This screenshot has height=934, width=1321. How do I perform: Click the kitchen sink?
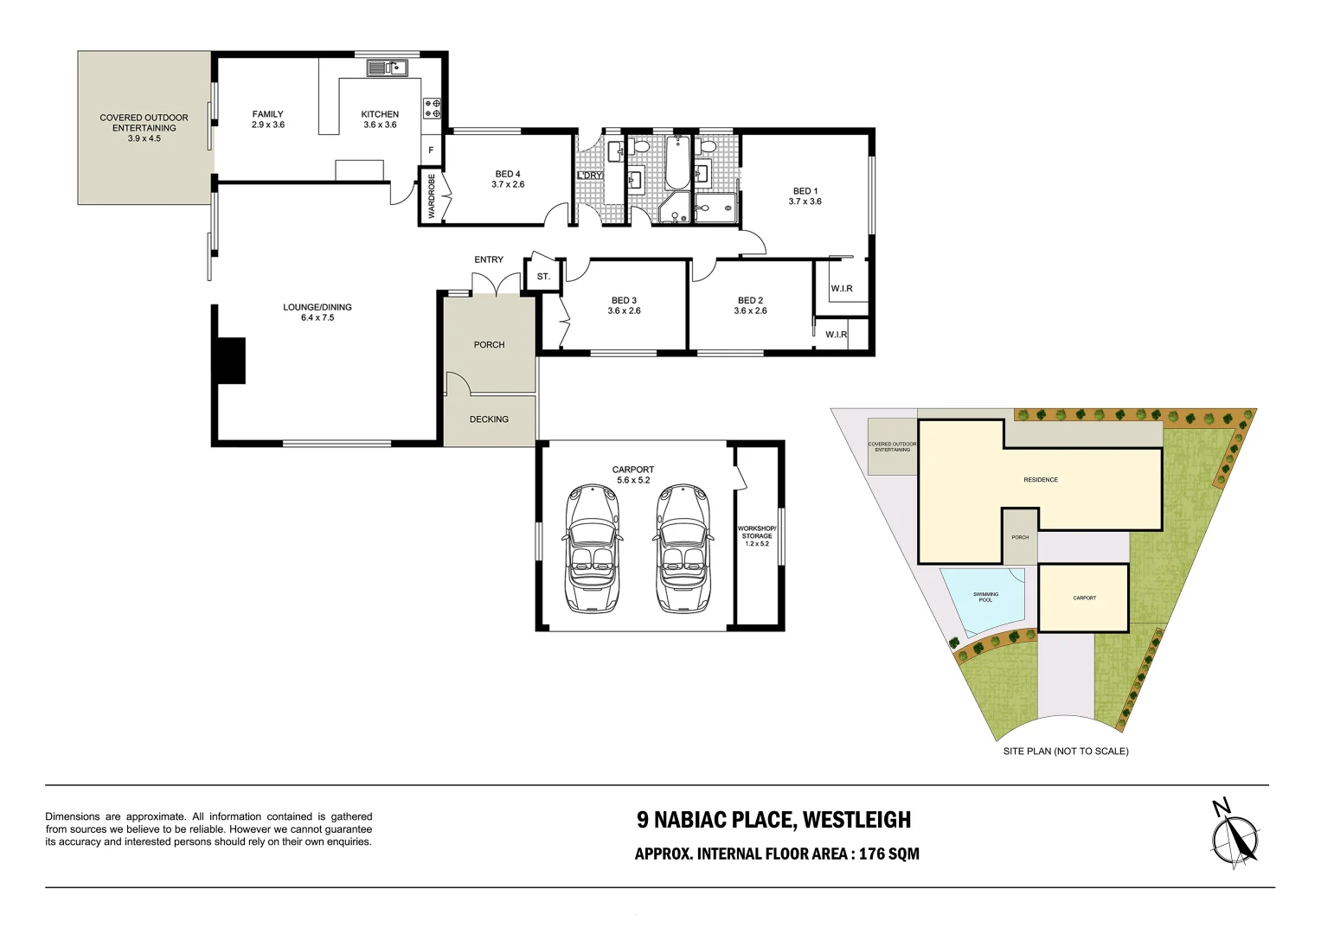(x=388, y=68)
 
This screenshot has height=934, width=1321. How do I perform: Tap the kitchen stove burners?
(x=433, y=108)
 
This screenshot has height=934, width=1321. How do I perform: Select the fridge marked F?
(x=431, y=150)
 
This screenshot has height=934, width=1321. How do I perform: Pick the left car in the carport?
(x=592, y=548)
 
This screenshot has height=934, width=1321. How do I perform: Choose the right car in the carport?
(x=683, y=548)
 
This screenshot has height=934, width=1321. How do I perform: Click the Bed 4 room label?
(x=508, y=174)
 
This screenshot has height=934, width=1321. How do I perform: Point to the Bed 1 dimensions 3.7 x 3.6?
(x=805, y=201)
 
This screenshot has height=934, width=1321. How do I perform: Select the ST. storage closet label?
(x=543, y=276)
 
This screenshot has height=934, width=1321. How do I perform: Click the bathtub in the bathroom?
(x=677, y=163)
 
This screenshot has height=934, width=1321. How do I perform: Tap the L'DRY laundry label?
(x=590, y=176)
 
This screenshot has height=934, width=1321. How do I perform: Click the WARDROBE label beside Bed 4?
(x=431, y=196)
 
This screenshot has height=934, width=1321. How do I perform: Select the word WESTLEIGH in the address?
(x=856, y=820)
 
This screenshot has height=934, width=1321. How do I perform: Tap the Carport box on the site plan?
(x=1084, y=598)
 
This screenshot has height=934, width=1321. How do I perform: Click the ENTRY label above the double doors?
(x=489, y=259)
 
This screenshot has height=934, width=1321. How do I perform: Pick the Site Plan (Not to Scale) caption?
(x=1066, y=752)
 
